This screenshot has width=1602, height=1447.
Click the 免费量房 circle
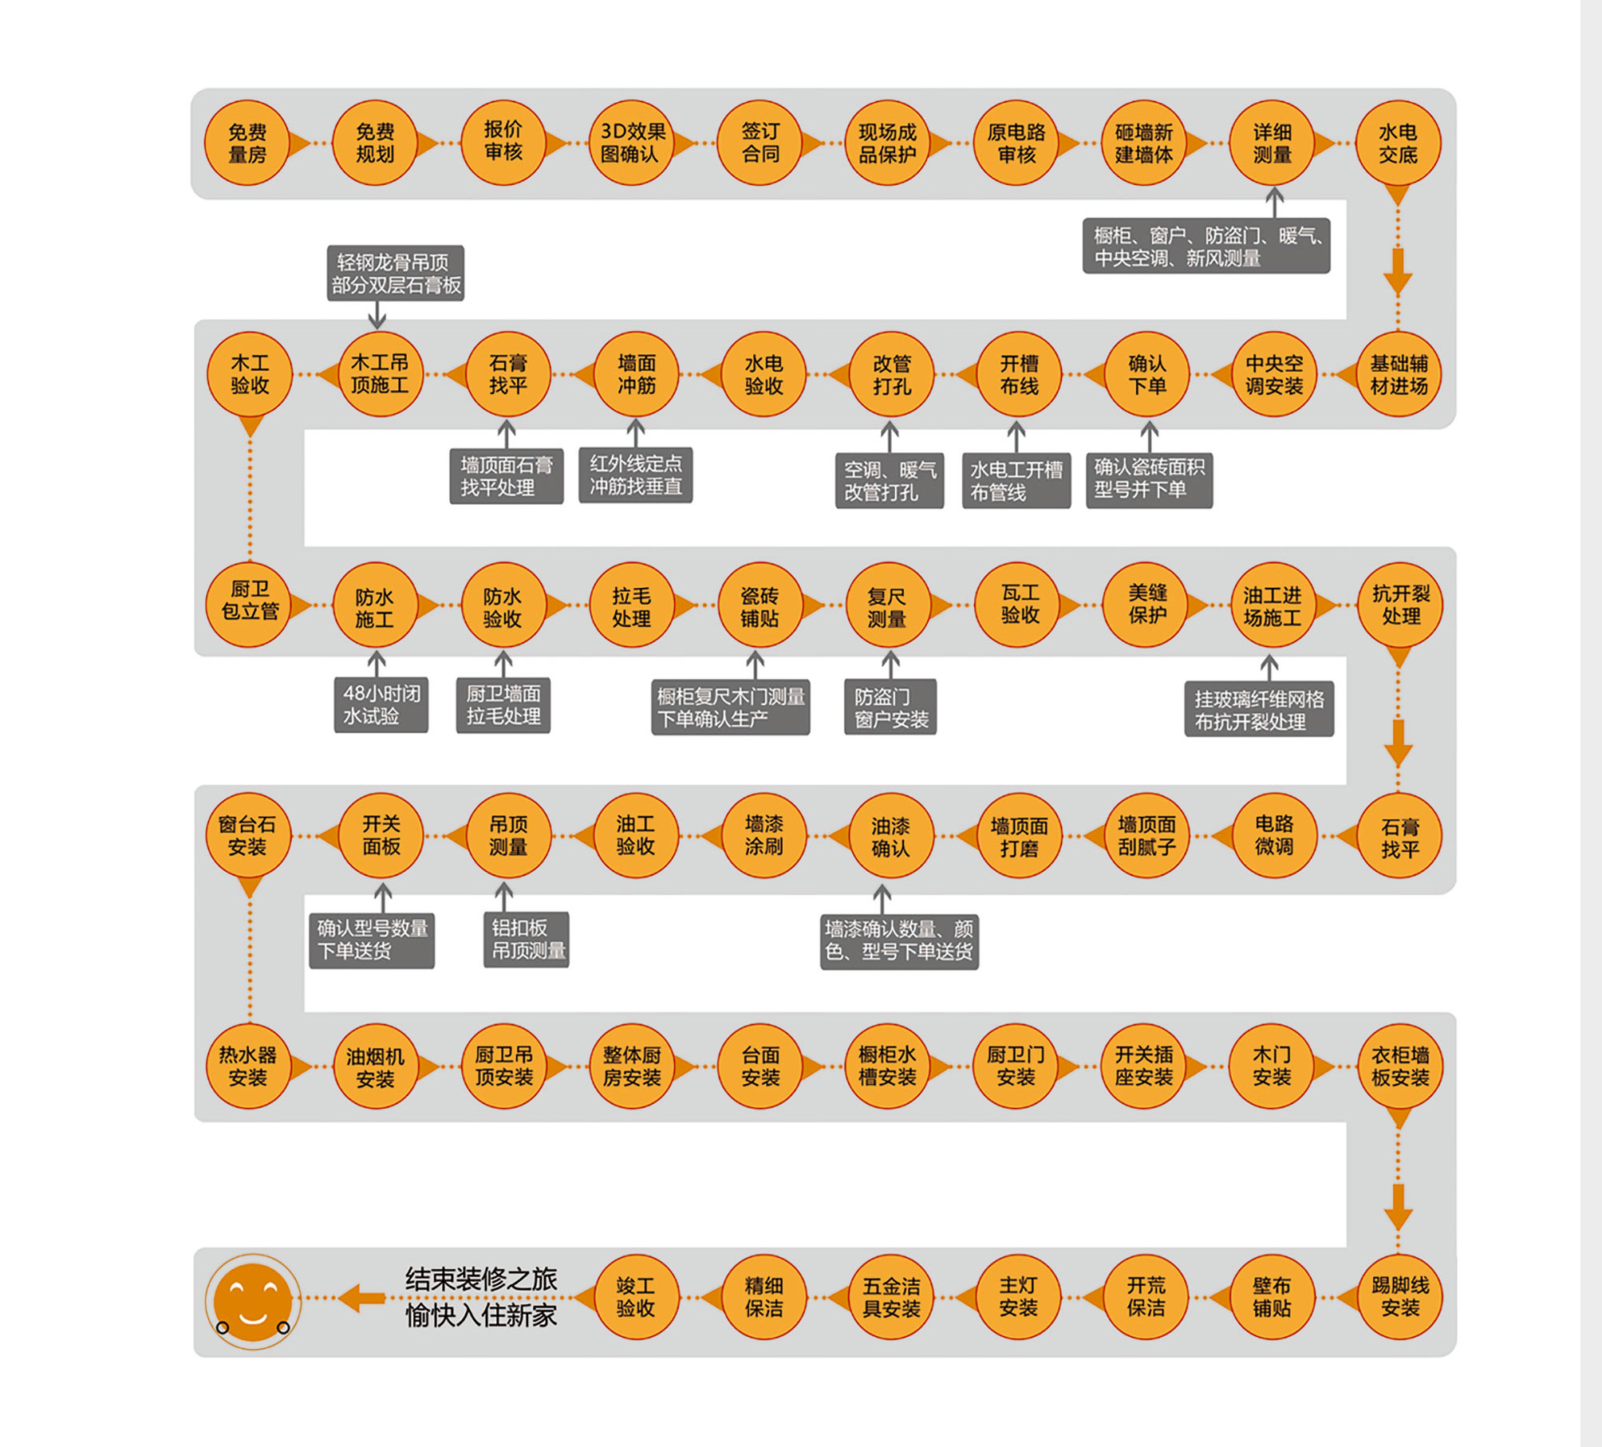point(247,144)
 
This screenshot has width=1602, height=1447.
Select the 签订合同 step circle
point(760,144)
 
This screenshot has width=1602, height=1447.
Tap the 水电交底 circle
point(1398,144)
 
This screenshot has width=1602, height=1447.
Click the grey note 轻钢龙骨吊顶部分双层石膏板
point(396,274)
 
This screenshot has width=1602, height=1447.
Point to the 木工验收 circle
point(250,375)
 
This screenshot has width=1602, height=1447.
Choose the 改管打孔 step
point(891,375)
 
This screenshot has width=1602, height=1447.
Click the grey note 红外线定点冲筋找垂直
point(636,475)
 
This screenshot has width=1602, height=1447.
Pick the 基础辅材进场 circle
point(1399,375)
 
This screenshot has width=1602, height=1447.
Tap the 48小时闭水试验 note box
point(381,705)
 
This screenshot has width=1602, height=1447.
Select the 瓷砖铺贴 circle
point(760,606)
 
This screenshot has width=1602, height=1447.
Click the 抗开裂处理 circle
point(1400,605)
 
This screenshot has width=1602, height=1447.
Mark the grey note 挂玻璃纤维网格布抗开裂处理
point(1259,710)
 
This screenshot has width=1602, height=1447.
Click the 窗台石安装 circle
point(248,836)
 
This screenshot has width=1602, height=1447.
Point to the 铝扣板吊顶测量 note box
point(527,940)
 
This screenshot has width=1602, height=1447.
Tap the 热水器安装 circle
point(248,1067)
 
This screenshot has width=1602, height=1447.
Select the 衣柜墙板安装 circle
point(1400,1067)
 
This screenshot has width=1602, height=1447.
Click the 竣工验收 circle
point(636,1297)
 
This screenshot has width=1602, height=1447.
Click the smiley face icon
point(253,1302)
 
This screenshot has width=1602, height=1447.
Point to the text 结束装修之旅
point(481,1279)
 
